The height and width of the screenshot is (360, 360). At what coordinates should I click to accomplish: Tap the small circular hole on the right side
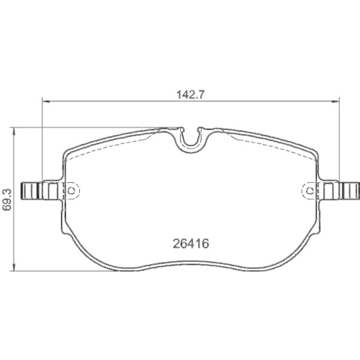coord(311,189)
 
